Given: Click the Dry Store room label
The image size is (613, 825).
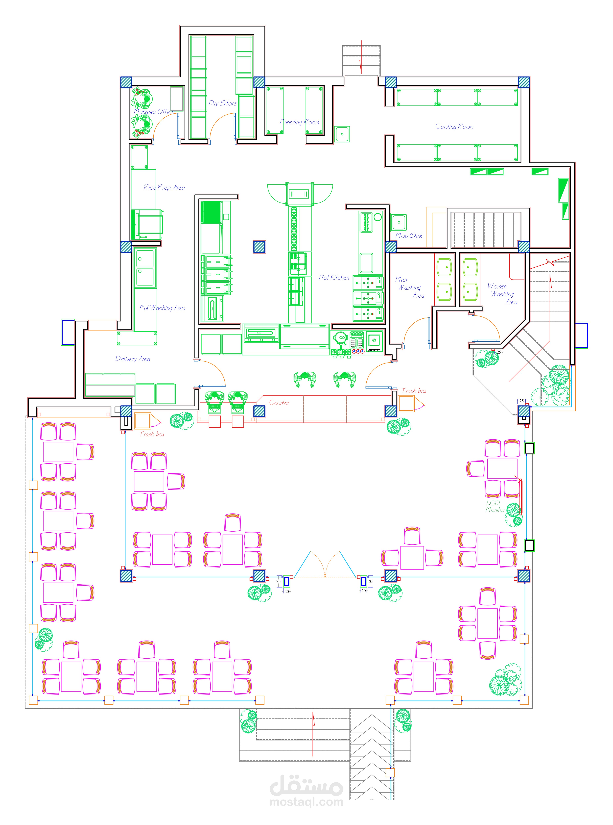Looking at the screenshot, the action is pyautogui.click(x=223, y=103).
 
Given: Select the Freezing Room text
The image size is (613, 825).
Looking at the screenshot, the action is pyautogui.click(x=299, y=122).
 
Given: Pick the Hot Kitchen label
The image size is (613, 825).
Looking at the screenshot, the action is pyautogui.click(x=334, y=277).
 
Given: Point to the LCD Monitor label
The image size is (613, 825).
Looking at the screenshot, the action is pyautogui.click(x=495, y=506).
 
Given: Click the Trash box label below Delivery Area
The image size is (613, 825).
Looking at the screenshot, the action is pyautogui.click(x=152, y=434).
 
